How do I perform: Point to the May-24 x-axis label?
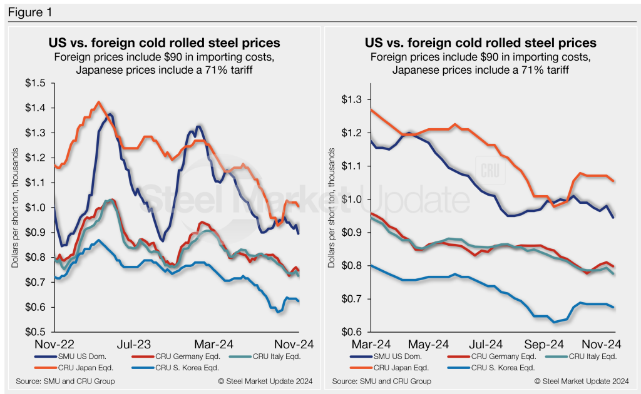click(429, 344)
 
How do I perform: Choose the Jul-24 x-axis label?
click(486, 344)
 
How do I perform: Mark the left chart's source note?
click(66, 381)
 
